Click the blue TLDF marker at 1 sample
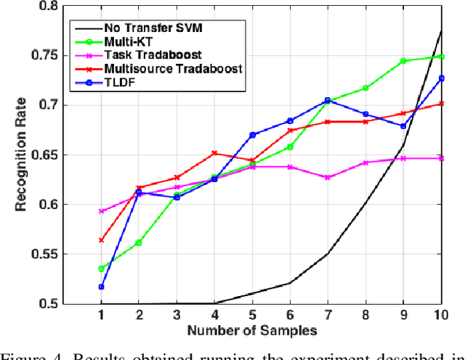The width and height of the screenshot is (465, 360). click(x=100, y=287)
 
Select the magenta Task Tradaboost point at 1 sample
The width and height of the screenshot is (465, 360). click(x=100, y=211)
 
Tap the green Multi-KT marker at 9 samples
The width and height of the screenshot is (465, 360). click(x=403, y=61)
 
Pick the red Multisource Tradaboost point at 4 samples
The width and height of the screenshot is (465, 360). click(x=214, y=153)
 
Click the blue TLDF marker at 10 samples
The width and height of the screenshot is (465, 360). click(x=440, y=78)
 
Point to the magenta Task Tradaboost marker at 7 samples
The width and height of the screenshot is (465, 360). click(x=327, y=177)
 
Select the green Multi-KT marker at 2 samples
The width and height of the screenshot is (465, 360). click(x=138, y=242)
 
